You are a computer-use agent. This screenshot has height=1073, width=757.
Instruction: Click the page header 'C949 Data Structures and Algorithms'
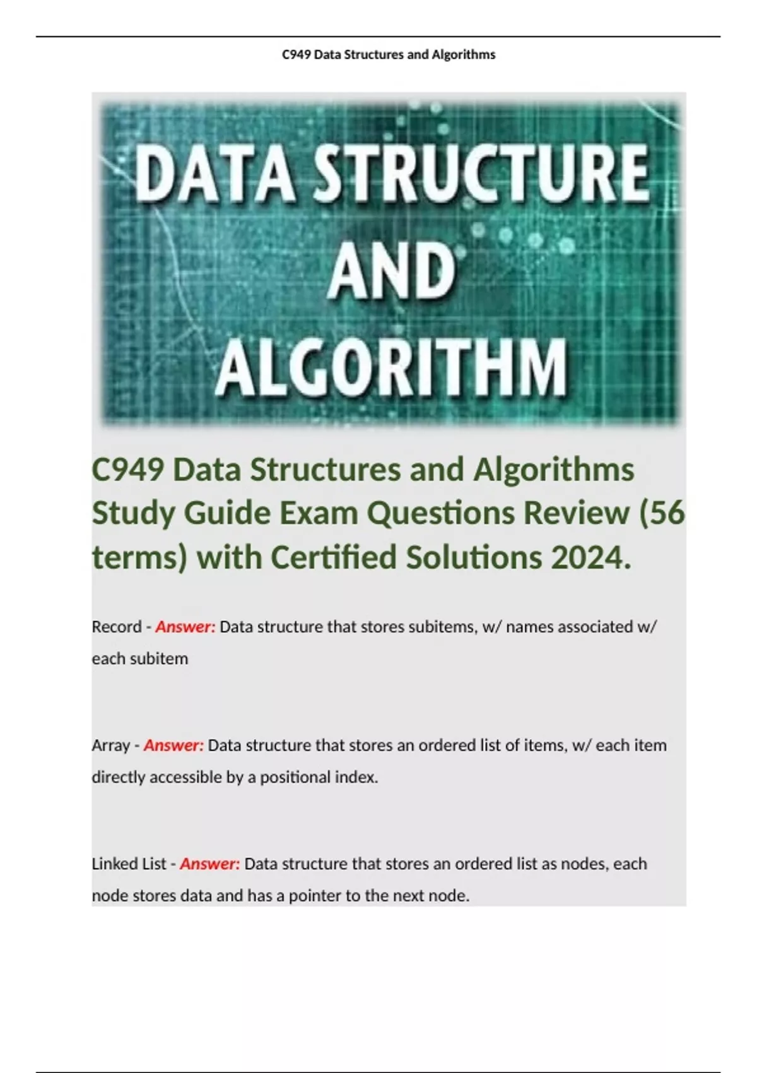pos(389,55)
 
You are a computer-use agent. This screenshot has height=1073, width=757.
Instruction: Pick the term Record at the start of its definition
pos(117,627)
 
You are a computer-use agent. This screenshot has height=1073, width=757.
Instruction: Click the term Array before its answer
pos(110,745)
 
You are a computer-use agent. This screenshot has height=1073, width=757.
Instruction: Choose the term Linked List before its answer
pos(129,863)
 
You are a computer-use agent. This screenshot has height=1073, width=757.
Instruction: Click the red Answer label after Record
pos(185,627)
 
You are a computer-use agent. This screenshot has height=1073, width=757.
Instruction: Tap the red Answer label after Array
pos(173,745)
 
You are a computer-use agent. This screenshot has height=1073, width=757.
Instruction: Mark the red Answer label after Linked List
pos(210,863)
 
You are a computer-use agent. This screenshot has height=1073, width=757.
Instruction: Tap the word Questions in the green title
pos(440,513)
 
